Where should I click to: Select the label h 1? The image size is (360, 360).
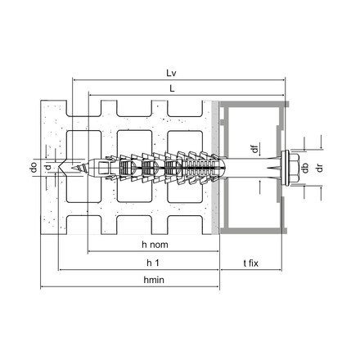coord(152,262)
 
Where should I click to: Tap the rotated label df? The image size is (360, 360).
coord(254,149)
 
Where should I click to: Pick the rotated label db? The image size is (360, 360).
coord(304,169)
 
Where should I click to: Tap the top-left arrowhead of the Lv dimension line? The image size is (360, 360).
coord(76,79)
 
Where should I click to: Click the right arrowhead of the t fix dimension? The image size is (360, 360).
coord(288,269)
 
